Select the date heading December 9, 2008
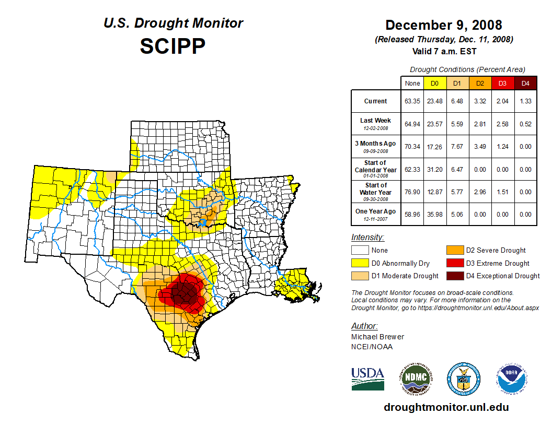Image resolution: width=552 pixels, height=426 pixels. pos(444,25)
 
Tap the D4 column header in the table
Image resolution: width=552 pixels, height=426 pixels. pos(525,84)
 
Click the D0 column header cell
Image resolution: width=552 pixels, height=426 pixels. pos(434,84)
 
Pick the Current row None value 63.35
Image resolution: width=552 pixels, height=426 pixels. pos(412,101)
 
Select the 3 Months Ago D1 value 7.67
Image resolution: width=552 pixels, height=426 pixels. pos(457,147)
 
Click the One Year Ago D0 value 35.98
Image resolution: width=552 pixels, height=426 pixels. pos(434,214)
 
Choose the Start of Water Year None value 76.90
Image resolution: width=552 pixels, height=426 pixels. pos(412,192)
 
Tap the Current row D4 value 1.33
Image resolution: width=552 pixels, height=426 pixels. pos(525,101)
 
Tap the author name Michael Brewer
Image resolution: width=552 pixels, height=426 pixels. pos(377,337)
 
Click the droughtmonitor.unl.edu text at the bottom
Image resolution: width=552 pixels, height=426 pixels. pos(446,407)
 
